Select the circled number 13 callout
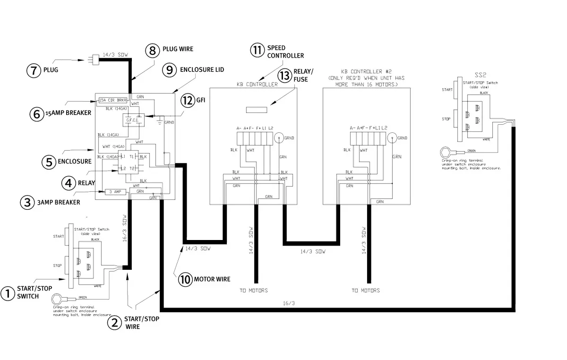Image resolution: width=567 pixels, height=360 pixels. coord(284,75)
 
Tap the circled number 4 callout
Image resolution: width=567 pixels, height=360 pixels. coord(69,183)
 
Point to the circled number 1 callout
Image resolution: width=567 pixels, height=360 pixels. coord(7,293)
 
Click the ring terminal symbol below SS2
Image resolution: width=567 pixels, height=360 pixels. coord(445,152)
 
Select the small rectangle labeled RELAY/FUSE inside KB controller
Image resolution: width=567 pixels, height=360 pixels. coord(257,110)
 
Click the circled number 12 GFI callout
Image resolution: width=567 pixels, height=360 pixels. coord(188,101)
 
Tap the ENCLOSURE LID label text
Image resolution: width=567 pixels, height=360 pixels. coord(202,69)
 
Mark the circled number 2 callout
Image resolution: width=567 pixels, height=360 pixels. coord(114,322)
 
